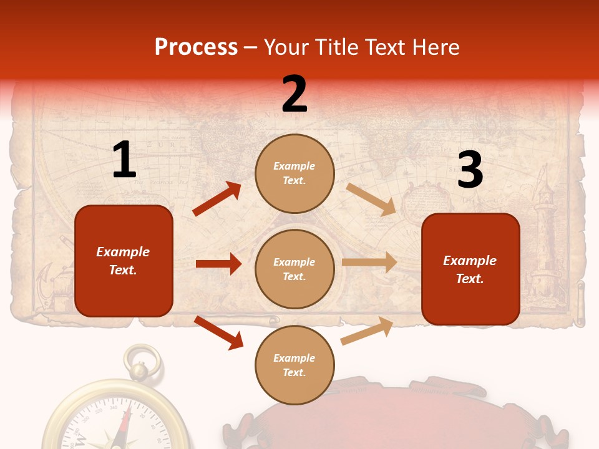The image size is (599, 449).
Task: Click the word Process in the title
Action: pyautogui.click(x=196, y=47)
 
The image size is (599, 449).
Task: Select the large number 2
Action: pyautogui.click(x=295, y=94)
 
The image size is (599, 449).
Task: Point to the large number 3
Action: pyautogui.click(x=470, y=170)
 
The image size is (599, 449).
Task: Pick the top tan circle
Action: pyautogui.click(x=295, y=173)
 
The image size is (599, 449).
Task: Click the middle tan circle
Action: pyautogui.click(x=295, y=269)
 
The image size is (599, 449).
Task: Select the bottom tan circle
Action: pyautogui.click(x=295, y=365)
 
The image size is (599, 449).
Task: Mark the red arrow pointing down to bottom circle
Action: pyautogui.click(x=218, y=332)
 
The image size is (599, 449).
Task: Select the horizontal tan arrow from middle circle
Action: pyautogui.click(x=369, y=263)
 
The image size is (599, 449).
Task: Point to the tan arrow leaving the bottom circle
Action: pyautogui.click(x=368, y=331)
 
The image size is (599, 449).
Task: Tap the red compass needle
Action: pyautogui.click(x=127, y=424)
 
